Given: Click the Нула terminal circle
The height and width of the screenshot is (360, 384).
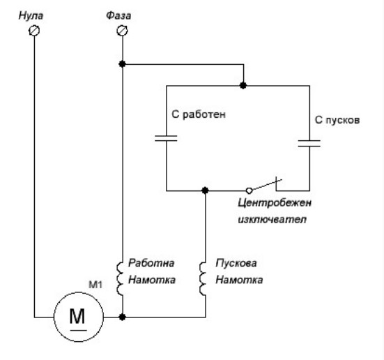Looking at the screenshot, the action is (34, 31).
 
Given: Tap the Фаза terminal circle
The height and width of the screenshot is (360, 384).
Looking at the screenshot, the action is (122, 31).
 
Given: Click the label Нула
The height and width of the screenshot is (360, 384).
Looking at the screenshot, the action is (31, 15).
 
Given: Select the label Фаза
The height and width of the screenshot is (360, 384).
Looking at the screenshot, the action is (118, 15).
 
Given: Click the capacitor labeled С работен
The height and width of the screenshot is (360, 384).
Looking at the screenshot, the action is (166, 138).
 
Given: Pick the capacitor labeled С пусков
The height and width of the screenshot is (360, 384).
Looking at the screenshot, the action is (309, 143).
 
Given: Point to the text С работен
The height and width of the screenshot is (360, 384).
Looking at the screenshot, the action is (199, 114).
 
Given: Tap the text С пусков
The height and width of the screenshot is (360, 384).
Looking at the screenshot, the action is (337, 120).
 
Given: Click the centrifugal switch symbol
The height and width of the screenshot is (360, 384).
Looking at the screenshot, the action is (264, 186).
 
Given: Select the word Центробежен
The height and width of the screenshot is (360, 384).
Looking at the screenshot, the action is (275, 203).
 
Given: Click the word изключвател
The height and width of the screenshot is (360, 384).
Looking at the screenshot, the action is (272, 219).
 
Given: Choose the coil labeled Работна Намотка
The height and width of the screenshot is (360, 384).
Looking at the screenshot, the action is (120, 278).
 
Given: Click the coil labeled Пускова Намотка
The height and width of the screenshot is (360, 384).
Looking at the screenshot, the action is (203, 278).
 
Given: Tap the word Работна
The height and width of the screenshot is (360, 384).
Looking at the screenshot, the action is (151, 263).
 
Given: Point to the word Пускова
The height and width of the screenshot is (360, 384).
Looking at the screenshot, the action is (236, 263).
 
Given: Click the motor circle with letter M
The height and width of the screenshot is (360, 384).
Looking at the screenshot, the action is (79, 317).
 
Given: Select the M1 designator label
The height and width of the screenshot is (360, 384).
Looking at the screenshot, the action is (95, 285).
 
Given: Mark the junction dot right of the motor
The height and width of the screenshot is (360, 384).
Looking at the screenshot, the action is (122, 317).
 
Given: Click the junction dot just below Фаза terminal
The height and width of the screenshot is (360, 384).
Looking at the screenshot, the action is (122, 64).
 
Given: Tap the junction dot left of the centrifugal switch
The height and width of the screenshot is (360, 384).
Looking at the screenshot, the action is (205, 190).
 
